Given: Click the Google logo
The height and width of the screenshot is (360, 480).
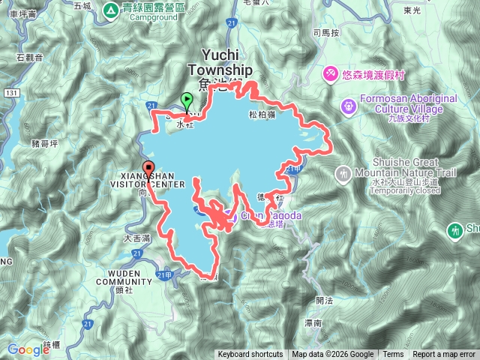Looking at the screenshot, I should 28,349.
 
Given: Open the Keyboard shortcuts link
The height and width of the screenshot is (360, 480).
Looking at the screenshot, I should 250,355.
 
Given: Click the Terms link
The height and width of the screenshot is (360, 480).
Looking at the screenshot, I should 393,355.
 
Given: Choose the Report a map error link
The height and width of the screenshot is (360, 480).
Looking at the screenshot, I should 444,355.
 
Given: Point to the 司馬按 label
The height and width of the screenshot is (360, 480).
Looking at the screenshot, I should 326,33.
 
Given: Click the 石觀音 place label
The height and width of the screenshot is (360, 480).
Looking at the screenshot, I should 29,56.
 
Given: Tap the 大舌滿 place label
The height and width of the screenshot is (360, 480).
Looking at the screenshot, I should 137,238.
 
